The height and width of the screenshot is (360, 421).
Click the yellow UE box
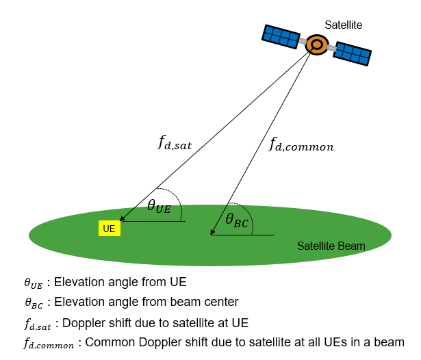109,228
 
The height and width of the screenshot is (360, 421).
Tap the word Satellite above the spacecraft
343,25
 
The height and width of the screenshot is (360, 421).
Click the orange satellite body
317,44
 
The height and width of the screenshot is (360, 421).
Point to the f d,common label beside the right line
301,144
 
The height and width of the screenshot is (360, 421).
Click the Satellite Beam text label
331,246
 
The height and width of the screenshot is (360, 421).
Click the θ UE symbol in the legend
33,283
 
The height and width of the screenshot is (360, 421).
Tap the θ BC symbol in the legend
33,302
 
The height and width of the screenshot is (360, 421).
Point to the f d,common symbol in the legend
47,343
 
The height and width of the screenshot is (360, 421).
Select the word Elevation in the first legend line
76,282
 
